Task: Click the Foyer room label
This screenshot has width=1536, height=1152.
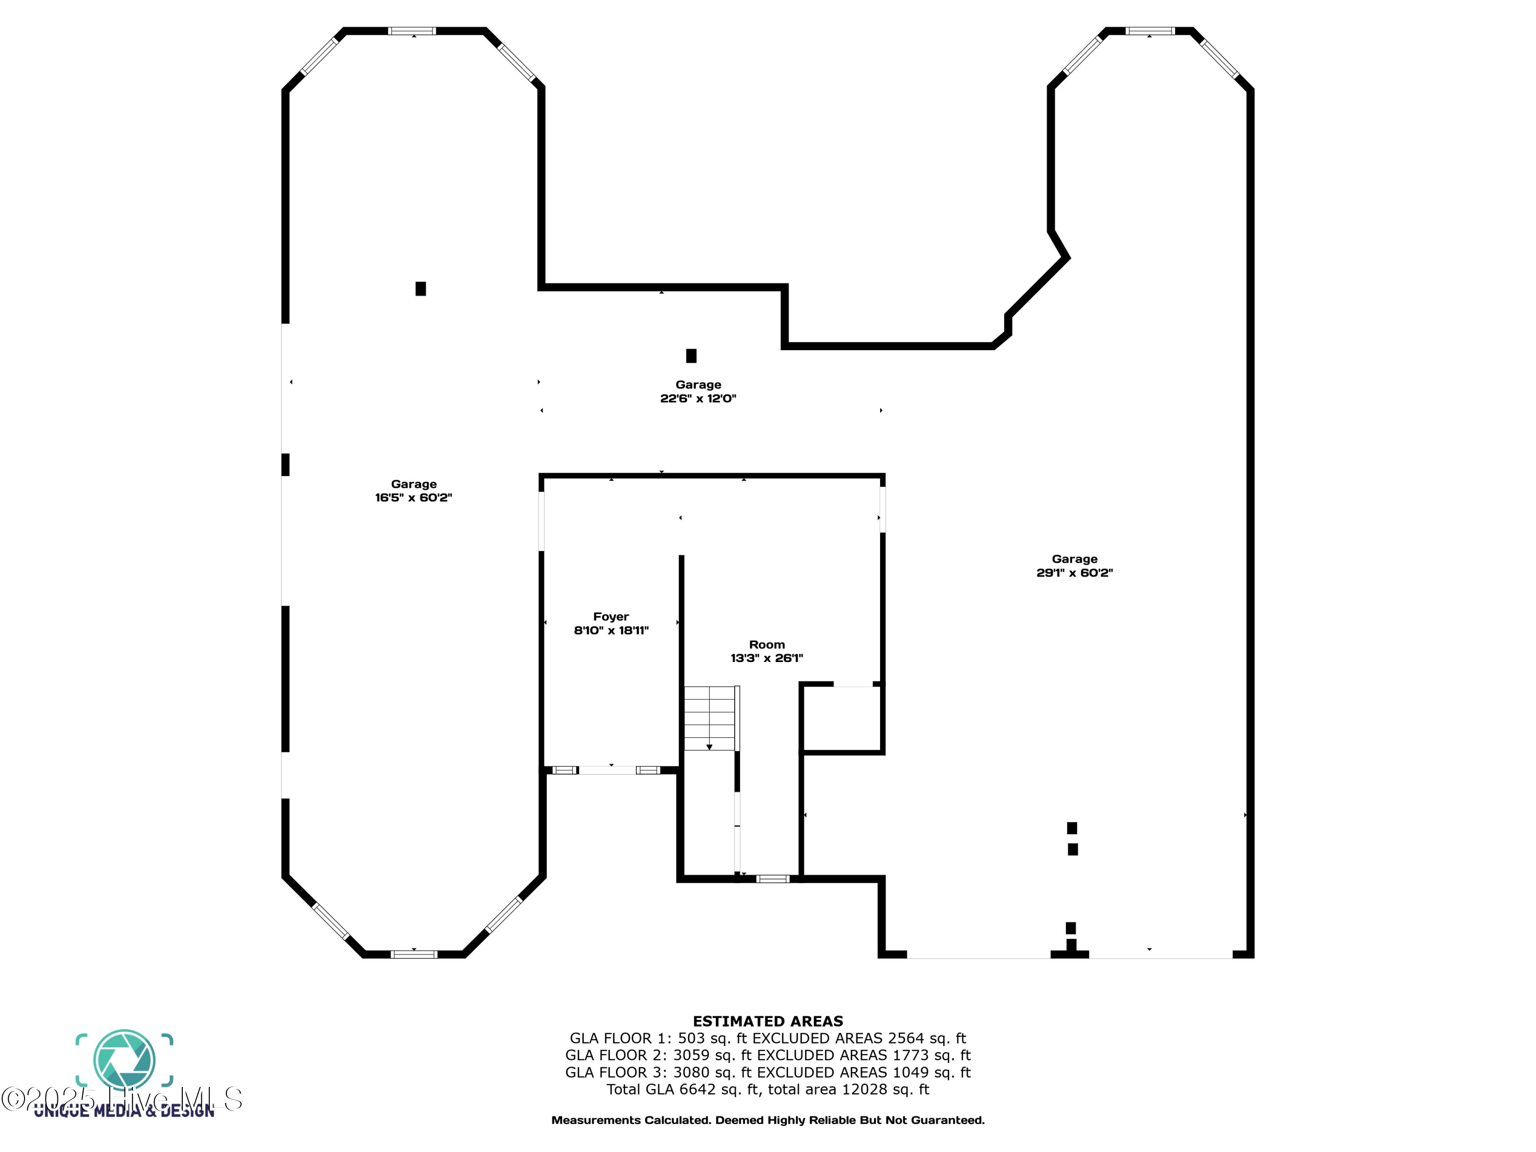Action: tap(610, 616)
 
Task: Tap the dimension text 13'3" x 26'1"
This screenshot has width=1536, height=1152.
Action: tap(766, 658)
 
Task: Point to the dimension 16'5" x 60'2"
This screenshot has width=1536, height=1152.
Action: tap(413, 498)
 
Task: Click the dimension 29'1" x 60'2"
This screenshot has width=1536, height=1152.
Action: tap(1074, 573)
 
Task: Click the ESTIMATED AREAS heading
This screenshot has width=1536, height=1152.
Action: tap(767, 1021)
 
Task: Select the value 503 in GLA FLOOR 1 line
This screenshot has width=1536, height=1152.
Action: tap(690, 1039)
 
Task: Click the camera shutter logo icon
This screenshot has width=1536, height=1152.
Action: tap(124, 1060)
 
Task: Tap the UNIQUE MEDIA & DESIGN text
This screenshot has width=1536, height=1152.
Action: tap(124, 1112)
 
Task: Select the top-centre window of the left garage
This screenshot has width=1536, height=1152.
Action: tap(412, 31)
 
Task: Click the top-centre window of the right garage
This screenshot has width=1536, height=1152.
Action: tap(1150, 31)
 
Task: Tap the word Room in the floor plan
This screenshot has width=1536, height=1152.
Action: tap(766, 645)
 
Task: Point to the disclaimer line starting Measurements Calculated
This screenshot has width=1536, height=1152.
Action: tap(767, 1120)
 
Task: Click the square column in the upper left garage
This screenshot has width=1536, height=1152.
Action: tap(421, 289)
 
